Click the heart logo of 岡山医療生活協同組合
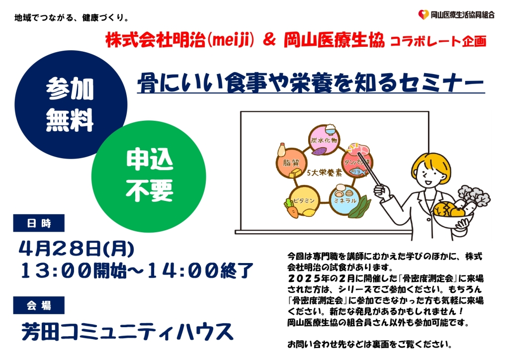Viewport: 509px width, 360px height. pyautogui.click(x=424, y=14)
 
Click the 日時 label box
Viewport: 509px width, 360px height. pyautogui.click(x=39, y=223)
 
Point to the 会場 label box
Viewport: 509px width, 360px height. pyautogui.click(x=39, y=305)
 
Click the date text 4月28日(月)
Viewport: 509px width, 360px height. pyautogui.click(x=76, y=249)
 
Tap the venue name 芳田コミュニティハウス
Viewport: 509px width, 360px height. pyautogui.click(x=128, y=332)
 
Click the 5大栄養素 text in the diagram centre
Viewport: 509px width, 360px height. pyautogui.click(x=324, y=173)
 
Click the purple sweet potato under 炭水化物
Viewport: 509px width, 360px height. pyautogui.click(x=320, y=151)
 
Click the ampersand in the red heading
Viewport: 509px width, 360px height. pyautogui.click(x=269, y=40)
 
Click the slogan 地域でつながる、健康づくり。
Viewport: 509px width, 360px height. pyautogui.click(x=72, y=17)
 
